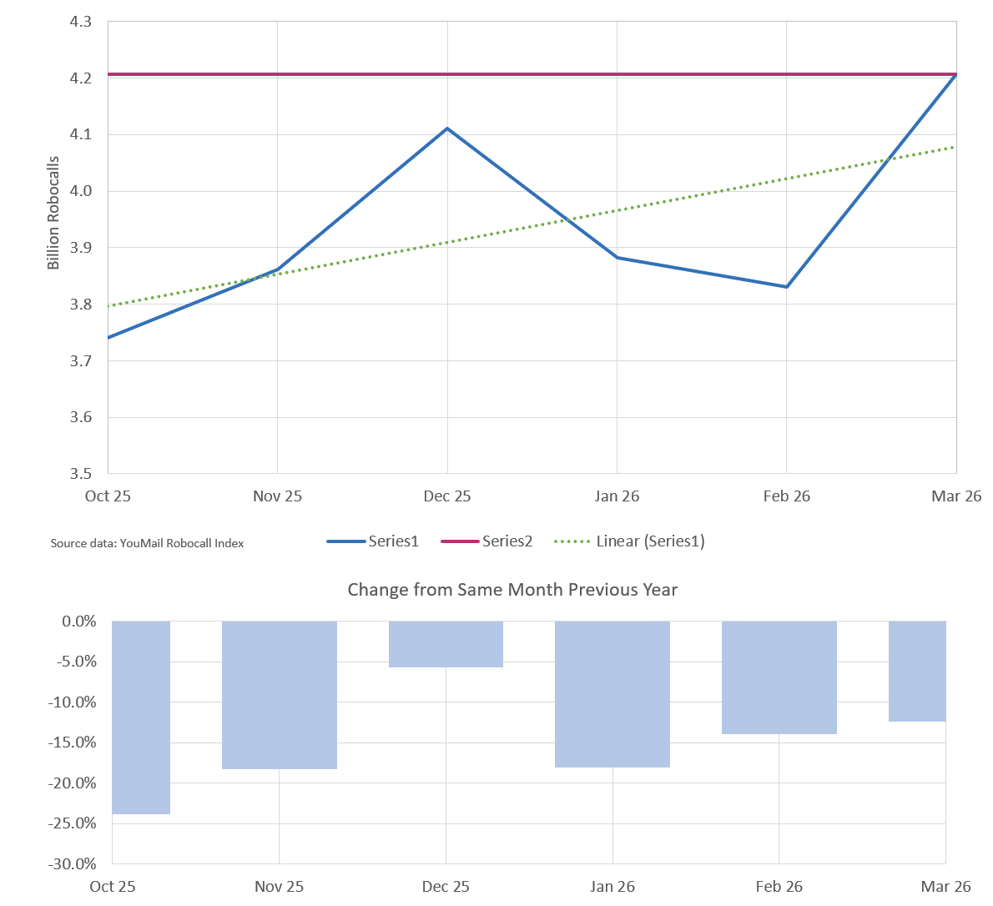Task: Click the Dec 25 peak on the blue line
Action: (447, 128)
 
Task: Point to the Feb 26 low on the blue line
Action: (786, 287)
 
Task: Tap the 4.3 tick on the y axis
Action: (81, 22)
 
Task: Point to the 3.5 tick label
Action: (81, 474)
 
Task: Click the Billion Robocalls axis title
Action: (53, 213)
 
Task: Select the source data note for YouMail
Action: (147, 543)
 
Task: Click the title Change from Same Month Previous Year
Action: (512, 590)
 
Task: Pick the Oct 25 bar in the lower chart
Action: (141, 717)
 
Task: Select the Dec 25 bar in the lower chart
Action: (446, 644)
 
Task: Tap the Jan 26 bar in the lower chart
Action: (612, 694)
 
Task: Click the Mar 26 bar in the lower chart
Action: (917, 672)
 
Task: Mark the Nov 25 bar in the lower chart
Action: (279, 695)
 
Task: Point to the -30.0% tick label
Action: (73, 863)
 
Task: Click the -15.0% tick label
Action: (73, 742)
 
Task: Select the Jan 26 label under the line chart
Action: (617, 496)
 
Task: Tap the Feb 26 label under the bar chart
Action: (779, 886)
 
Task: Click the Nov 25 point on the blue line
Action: (278, 269)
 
